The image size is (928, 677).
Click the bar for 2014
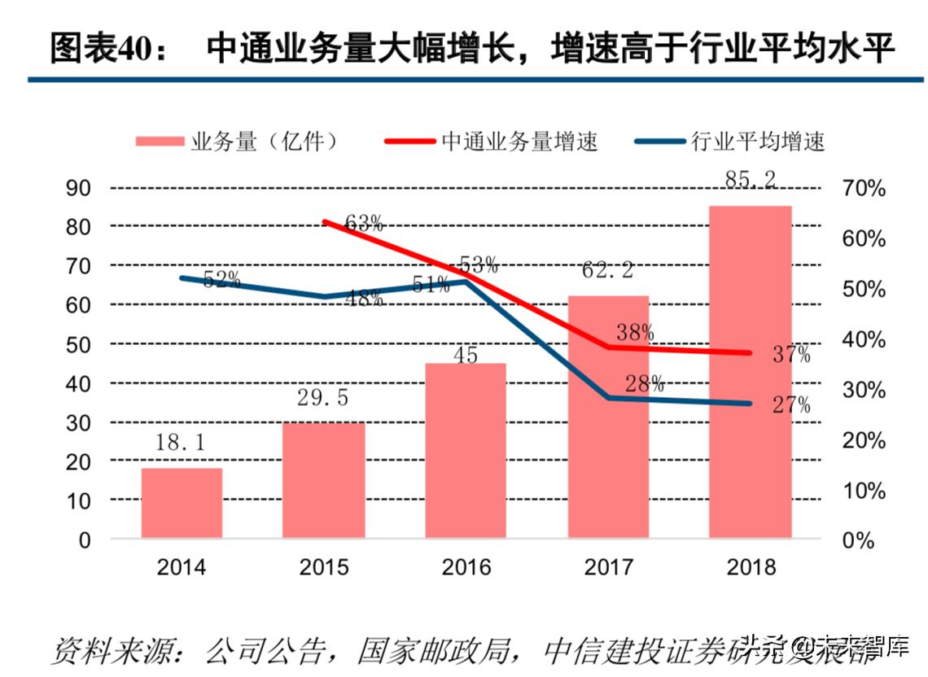click(x=182, y=503)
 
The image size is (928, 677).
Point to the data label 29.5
click(x=323, y=399)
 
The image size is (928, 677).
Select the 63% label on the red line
click(x=364, y=224)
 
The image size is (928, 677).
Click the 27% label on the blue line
click(x=790, y=405)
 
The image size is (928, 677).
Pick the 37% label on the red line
click(x=790, y=355)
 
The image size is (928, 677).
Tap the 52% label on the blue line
click(x=221, y=280)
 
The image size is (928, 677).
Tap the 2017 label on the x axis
click(x=608, y=567)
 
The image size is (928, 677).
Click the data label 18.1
click(x=181, y=443)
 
